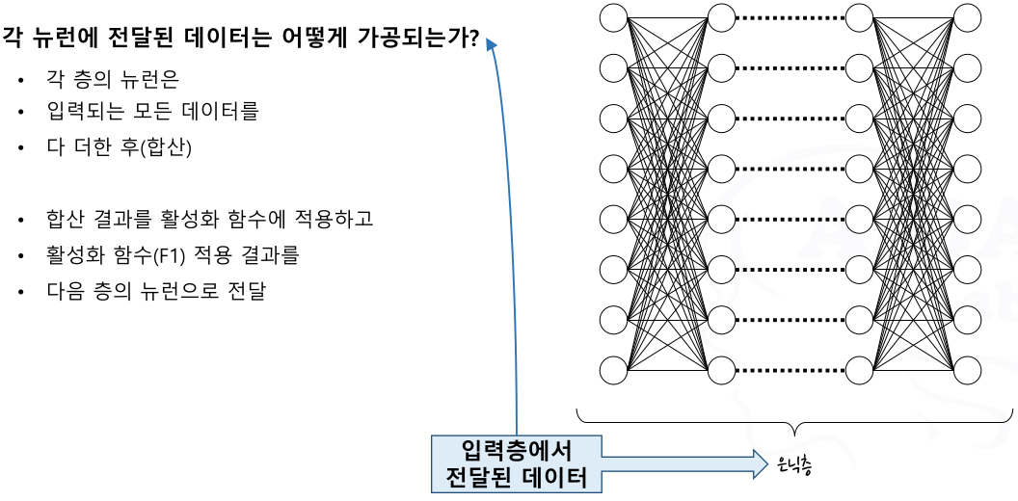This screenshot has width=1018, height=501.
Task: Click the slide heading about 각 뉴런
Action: pos(241,40)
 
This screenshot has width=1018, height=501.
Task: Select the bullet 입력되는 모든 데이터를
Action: pos(151,112)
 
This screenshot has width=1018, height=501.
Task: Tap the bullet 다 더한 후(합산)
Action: pos(119,147)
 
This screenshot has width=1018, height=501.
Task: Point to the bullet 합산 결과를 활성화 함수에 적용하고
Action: pos(208,219)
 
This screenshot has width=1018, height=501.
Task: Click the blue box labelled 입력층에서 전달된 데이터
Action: pos(517,463)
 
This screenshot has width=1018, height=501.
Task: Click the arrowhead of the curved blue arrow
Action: pos(493,44)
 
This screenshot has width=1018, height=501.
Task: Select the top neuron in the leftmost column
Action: pos(613,16)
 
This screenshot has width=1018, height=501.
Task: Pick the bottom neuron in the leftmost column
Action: pos(613,369)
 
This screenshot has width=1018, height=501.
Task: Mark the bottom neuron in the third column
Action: pos(859,369)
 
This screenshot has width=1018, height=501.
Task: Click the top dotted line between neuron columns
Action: pos(790,16)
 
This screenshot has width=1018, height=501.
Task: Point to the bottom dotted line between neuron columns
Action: pos(790,369)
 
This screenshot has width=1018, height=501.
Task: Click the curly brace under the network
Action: pos(794,425)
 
